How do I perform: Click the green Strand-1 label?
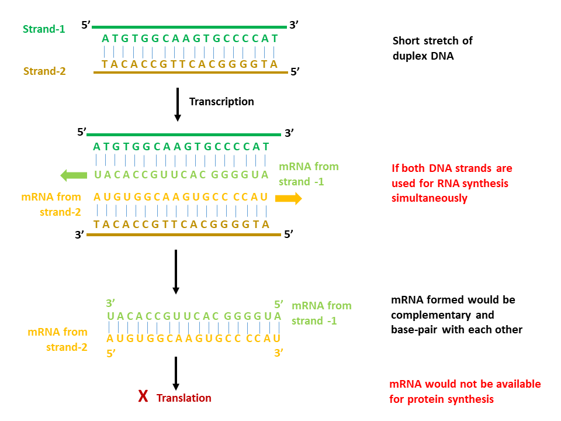point(44,28)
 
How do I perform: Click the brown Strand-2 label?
point(44,71)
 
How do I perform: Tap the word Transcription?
point(221,102)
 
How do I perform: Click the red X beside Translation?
point(143,398)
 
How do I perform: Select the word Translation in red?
point(184,398)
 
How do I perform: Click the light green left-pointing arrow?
point(73,174)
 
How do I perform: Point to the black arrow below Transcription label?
point(178,106)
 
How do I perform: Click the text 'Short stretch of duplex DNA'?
point(432,49)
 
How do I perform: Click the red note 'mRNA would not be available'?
point(465,392)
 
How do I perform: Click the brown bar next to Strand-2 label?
point(191,73)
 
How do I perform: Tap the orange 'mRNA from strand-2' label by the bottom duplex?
point(57,339)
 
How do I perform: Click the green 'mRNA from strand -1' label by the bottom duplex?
point(321,313)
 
